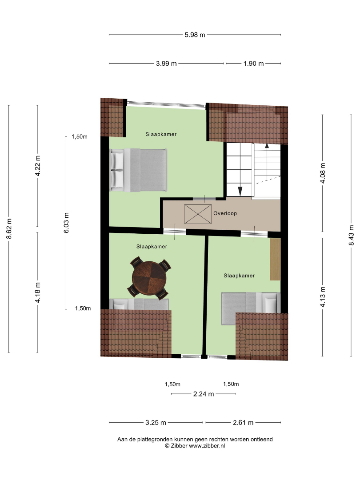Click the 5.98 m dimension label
(195, 35)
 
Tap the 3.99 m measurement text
(166, 64)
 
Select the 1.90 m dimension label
(253, 64)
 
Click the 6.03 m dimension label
(66, 223)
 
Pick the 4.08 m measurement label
(323, 173)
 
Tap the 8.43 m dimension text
(352, 235)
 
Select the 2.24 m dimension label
(204, 394)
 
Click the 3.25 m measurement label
(156, 423)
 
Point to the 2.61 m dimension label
(243, 423)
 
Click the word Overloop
(225, 213)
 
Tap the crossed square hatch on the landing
(198, 214)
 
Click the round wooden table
(149, 278)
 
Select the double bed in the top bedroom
(138, 170)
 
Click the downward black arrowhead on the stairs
(240, 191)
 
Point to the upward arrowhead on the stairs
(267, 146)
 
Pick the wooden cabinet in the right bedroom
(275, 259)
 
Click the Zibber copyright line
(195, 446)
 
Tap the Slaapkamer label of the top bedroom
(161, 134)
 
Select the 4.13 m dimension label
(323, 297)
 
